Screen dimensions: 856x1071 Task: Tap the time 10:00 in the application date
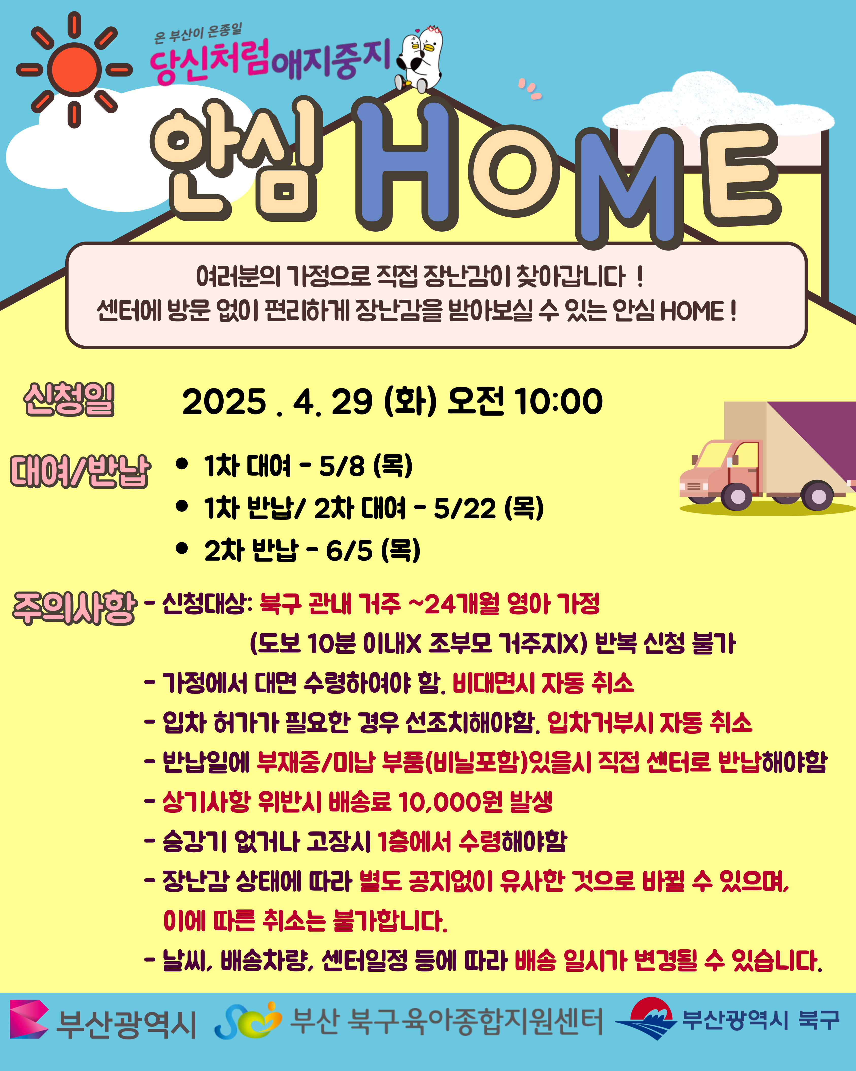559,401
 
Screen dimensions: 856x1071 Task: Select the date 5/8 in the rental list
342,466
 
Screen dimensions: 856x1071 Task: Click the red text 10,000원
450,802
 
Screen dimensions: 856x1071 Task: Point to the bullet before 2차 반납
182,548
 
